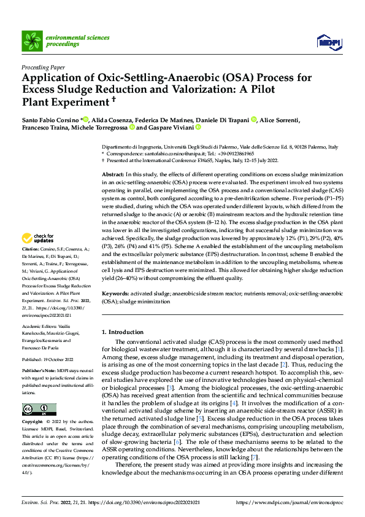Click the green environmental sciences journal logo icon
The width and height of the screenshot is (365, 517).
coord(32,41)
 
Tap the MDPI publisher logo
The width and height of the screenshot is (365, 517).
coord(328,42)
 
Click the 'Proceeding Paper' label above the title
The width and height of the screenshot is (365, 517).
coord(43,68)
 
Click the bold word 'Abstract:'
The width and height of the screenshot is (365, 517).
coord(113,176)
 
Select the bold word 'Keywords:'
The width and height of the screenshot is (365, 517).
coord(115,295)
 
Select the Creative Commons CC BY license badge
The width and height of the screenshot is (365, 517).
coord(39,410)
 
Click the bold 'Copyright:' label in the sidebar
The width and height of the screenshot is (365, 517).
coord(33,423)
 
